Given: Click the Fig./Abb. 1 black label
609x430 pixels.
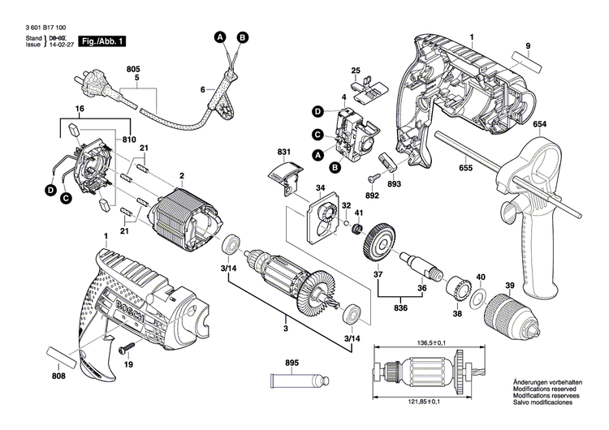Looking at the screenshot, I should [x=105, y=41].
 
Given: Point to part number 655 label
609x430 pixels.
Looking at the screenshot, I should [x=464, y=167].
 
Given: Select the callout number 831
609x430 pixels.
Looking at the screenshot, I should [x=283, y=152].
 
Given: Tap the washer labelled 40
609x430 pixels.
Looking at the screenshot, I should [x=479, y=295].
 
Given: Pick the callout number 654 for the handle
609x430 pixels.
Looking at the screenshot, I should [x=539, y=123].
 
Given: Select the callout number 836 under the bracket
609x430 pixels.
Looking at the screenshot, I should [x=400, y=307].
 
